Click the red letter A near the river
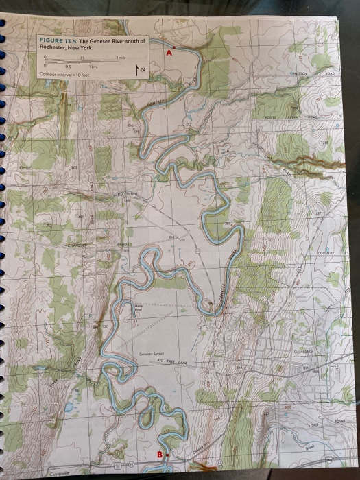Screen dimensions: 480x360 [169, 51]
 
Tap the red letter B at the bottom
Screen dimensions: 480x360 [160, 454]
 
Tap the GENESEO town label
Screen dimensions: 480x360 [302, 351]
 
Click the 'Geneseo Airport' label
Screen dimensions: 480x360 [152, 354]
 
